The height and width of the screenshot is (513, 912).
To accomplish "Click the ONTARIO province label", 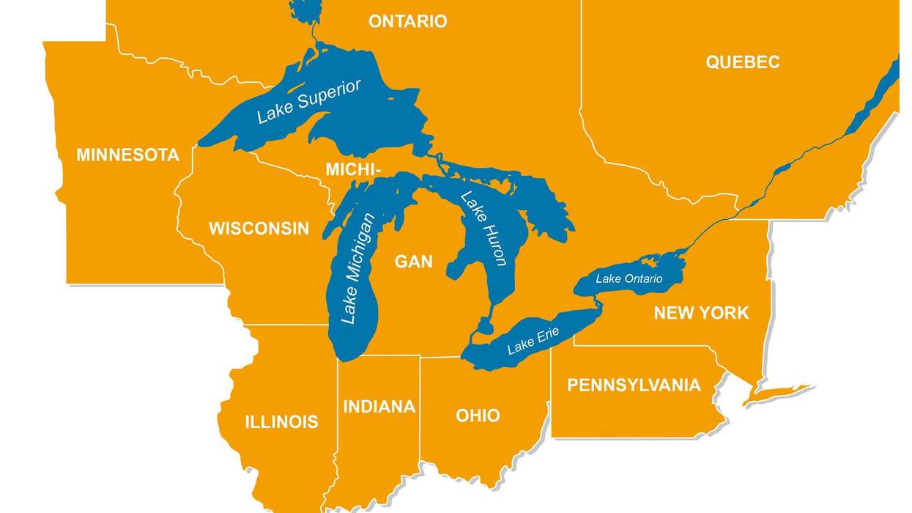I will (407, 21).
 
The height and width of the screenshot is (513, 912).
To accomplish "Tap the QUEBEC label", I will (742, 62).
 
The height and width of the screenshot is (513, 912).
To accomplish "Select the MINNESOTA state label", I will (127, 155).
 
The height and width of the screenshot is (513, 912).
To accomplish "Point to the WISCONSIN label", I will (259, 229).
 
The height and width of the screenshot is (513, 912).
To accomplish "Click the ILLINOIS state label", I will (281, 421).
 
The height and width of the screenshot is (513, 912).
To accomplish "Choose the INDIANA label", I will (379, 407).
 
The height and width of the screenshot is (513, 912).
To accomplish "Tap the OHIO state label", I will (478, 416).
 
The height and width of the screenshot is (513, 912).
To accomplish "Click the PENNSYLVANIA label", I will (634, 385).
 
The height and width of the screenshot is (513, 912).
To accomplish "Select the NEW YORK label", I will (701, 313).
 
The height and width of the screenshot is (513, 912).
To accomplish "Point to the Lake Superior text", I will (308, 102).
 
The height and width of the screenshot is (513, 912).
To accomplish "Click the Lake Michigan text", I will (358, 268).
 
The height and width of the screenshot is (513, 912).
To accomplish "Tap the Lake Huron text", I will (484, 228).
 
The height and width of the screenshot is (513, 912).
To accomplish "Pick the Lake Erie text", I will (533, 341).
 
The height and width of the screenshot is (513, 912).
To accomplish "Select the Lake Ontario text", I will (629, 278).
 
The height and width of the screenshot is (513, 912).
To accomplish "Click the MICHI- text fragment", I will (353, 170).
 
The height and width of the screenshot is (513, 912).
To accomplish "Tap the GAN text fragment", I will (413, 261).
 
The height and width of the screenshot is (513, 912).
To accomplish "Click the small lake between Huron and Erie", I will (484, 325).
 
